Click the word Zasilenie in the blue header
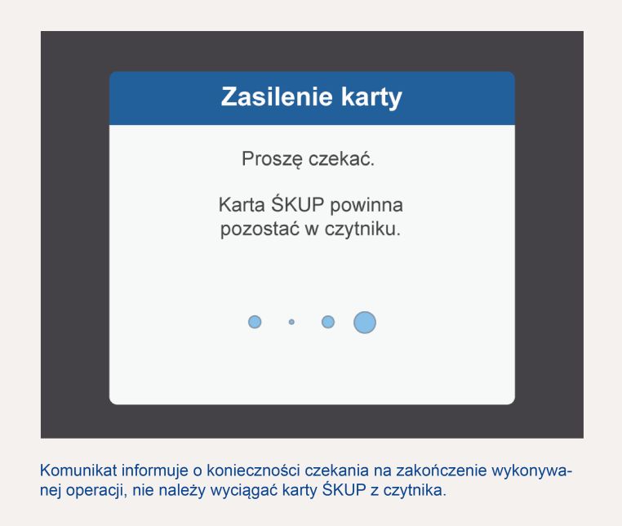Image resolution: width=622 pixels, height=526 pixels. click(277, 96)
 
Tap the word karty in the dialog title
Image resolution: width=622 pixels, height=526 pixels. click(371, 98)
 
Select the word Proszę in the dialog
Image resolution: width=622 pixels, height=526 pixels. click(272, 159)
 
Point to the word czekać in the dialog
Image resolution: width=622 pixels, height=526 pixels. click(341, 158)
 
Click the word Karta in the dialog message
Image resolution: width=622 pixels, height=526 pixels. click(242, 205)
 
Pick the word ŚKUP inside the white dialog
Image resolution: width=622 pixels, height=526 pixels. click(297, 203)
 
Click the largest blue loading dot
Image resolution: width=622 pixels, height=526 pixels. click(365, 322)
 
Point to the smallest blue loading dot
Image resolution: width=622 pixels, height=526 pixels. click(291, 322)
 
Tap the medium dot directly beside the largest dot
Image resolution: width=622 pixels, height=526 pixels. click(328, 322)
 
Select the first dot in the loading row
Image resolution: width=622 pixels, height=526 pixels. click(255, 322)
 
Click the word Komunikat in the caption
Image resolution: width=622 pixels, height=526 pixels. click(78, 470)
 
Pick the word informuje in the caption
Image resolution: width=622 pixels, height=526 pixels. click(155, 471)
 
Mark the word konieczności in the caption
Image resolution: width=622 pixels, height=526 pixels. click(253, 470)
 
